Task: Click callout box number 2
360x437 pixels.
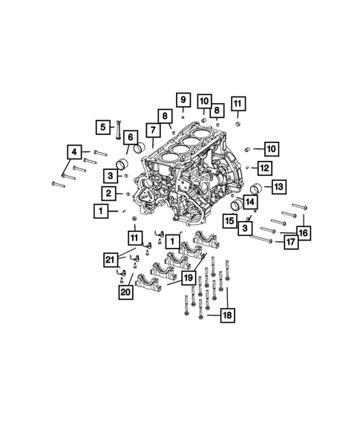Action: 109,194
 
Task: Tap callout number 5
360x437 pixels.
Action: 103,127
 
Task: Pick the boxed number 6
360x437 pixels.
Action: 129,137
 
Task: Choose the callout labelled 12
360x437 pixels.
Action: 264,167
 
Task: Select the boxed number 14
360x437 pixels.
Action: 249,201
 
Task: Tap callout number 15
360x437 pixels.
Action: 230,220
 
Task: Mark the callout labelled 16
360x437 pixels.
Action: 303,233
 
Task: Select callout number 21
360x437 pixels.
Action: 111,259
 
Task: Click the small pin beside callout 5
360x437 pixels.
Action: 117,135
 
